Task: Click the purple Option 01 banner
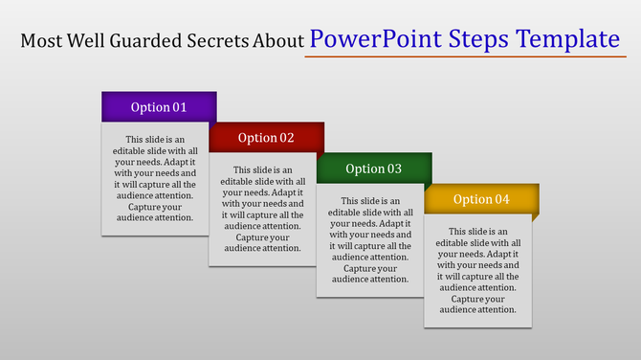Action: click(159, 106)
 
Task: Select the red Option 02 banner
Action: click(266, 137)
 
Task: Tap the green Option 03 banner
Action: click(373, 169)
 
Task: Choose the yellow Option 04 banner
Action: click(481, 199)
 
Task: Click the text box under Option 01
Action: click(155, 178)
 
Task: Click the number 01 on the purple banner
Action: click(180, 107)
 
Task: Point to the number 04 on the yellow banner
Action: click(502, 199)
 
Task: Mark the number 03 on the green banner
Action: click(394, 169)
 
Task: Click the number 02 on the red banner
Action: click(287, 138)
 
